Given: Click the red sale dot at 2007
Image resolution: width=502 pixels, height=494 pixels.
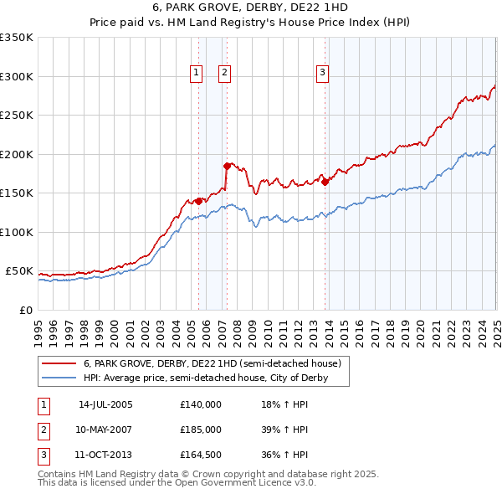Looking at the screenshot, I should [226, 166].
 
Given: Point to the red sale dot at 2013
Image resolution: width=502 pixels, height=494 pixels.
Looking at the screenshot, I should [325, 182].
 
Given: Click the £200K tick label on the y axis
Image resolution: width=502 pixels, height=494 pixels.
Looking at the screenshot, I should [17, 154].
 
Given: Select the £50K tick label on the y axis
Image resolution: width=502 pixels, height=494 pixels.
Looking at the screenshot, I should [19, 271].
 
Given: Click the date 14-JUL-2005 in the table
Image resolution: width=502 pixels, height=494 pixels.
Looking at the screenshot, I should [105, 404].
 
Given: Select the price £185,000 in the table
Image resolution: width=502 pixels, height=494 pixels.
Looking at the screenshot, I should [201, 430].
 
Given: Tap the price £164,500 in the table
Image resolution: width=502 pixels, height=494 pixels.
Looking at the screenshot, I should [201, 455].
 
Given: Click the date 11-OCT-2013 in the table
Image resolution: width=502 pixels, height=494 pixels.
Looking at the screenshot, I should [105, 455].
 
